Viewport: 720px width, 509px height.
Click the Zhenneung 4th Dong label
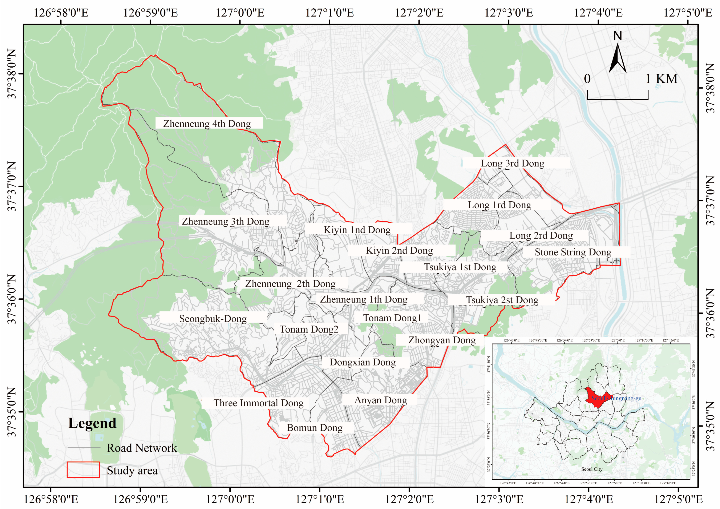coord(207,124)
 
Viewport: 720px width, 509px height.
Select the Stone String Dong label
coord(573,252)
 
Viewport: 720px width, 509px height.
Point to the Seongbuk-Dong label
coord(213,319)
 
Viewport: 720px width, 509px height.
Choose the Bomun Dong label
coord(315,428)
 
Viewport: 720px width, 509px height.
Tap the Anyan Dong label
coord(381,400)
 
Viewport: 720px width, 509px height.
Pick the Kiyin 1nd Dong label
coord(357,230)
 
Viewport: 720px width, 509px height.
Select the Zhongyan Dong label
coord(442,340)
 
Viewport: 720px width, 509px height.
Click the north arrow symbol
coord(618,59)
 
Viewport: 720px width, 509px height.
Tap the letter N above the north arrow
coord(618,36)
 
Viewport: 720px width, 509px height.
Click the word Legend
coord(92,423)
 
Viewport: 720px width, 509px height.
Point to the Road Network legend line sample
coord(84,448)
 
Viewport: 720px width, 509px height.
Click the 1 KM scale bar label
coord(662,79)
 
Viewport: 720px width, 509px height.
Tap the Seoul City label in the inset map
coord(591,469)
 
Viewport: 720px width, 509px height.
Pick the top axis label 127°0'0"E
coord(240,13)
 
